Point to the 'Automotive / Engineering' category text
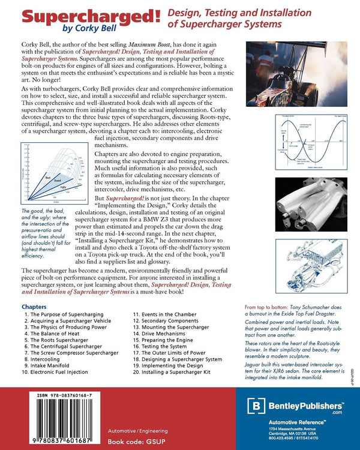138,431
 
